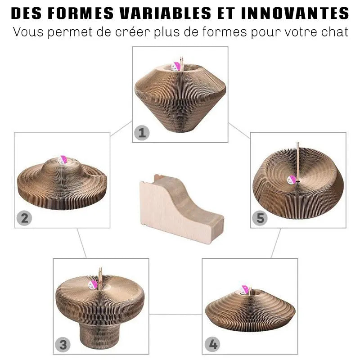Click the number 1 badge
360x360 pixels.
(142, 133)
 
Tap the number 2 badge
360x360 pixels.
(24, 218)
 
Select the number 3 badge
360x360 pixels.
(63, 345)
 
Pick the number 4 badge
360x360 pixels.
(212, 345)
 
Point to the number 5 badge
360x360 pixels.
(260, 218)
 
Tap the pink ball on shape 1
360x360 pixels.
(177, 67)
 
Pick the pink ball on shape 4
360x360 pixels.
(246, 289)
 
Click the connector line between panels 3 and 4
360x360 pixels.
(175, 315)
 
